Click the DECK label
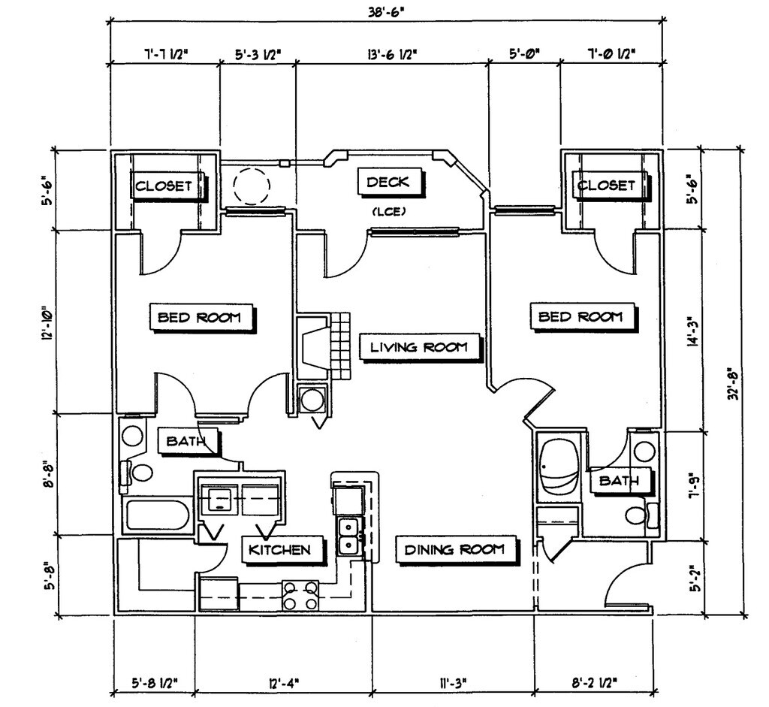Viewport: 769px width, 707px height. pos(388,182)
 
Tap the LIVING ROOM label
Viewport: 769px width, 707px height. pos(419,347)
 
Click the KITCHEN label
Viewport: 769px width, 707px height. pos(280,550)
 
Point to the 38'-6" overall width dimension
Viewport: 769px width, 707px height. pos(388,11)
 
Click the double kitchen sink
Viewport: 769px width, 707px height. pos(348,534)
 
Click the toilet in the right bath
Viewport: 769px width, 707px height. pos(639,515)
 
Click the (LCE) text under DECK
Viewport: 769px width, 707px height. pos(388,212)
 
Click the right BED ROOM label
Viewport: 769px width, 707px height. pos(581,316)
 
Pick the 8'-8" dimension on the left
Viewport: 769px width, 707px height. pos(48,473)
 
